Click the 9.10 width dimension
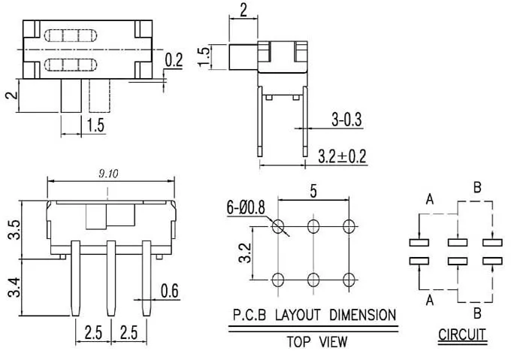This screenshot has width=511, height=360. click(109, 174)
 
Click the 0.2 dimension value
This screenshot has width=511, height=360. click(174, 61)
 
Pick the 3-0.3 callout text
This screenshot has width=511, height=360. click(346, 118)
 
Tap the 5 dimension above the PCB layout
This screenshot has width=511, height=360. click(312, 192)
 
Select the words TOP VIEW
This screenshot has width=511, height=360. click(316, 343)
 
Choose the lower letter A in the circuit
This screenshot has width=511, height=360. click(429, 299)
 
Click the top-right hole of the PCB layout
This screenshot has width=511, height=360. click(347, 225)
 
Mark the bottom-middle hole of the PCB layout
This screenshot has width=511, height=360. click(313, 280)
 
